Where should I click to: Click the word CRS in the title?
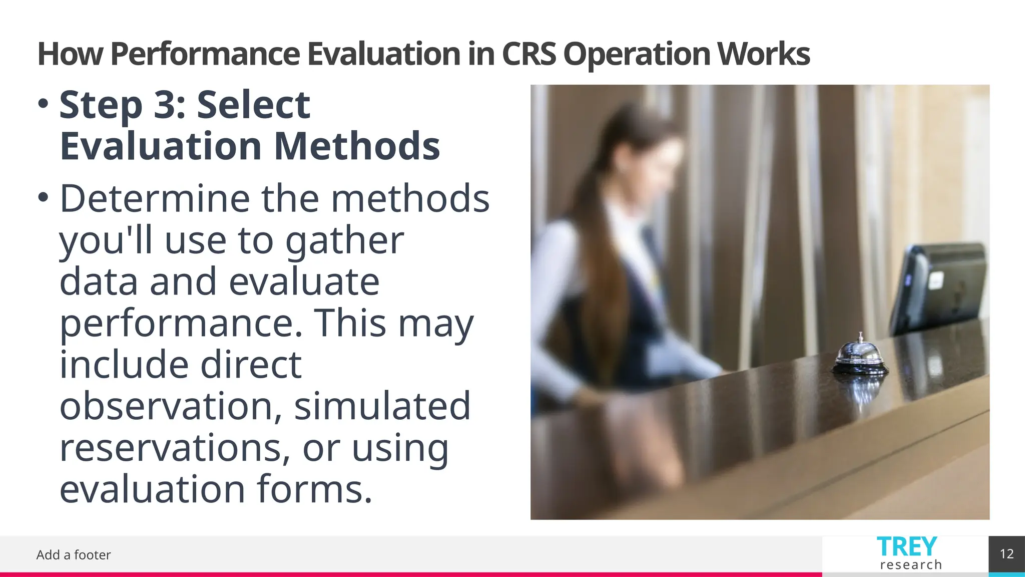pos(529,54)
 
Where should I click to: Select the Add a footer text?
pos(74,555)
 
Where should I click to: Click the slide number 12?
pos(1006,554)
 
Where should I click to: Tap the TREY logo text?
pos(907,546)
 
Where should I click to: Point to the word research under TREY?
pos(911,565)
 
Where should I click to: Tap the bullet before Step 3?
pos(44,104)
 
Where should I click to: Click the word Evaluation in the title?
pos(383,54)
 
